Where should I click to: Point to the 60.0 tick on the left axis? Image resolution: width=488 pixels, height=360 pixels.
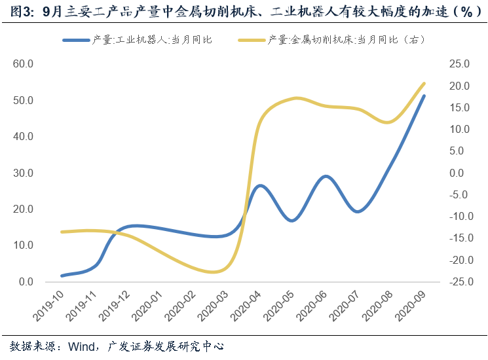coord(23,64)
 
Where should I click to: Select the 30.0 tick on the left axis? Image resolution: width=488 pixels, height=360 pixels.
coord(23,173)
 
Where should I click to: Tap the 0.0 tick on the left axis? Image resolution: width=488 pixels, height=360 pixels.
coord(26,282)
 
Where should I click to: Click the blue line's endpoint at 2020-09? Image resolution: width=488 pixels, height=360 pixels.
coord(424,96)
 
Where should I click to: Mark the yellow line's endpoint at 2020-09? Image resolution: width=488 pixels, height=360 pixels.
coord(424,84)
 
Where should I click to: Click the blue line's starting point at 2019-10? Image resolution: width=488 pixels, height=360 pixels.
coord(62,276)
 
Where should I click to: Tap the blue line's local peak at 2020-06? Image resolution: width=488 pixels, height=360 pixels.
coord(326,177)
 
